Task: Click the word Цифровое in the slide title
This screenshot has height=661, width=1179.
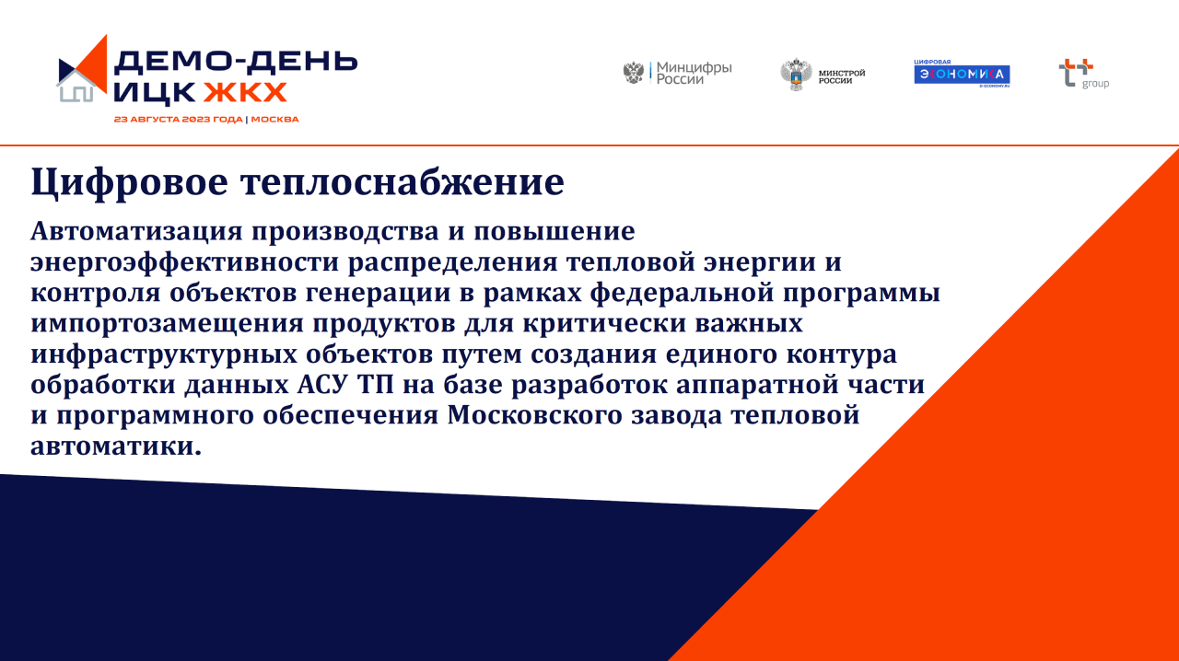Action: (x=130, y=182)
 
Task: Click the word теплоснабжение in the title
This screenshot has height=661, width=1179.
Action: (x=403, y=182)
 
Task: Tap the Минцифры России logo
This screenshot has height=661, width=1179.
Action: (x=677, y=73)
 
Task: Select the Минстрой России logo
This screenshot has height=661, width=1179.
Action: (x=823, y=75)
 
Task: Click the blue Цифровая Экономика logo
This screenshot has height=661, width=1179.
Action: (x=962, y=73)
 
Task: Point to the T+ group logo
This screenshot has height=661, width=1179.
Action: (x=1084, y=74)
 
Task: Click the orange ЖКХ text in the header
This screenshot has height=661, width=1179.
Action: (x=245, y=93)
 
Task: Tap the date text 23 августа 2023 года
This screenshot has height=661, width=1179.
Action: (x=179, y=120)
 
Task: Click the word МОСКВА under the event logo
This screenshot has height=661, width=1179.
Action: (x=274, y=120)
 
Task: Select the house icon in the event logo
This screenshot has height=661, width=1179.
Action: (x=76, y=87)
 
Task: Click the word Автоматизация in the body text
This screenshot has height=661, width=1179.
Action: (x=136, y=231)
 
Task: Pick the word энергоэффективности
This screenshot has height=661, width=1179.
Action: (x=184, y=262)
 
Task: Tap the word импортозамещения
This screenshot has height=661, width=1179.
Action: (x=167, y=324)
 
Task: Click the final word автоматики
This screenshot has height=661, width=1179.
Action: (x=116, y=446)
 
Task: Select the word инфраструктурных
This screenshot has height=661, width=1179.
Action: (x=164, y=354)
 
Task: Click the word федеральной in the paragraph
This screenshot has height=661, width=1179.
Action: (x=682, y=293)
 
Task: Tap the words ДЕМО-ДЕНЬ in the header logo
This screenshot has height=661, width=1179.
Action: (x=236, y=62)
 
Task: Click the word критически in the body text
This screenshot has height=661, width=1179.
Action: (x=604, y=324)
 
